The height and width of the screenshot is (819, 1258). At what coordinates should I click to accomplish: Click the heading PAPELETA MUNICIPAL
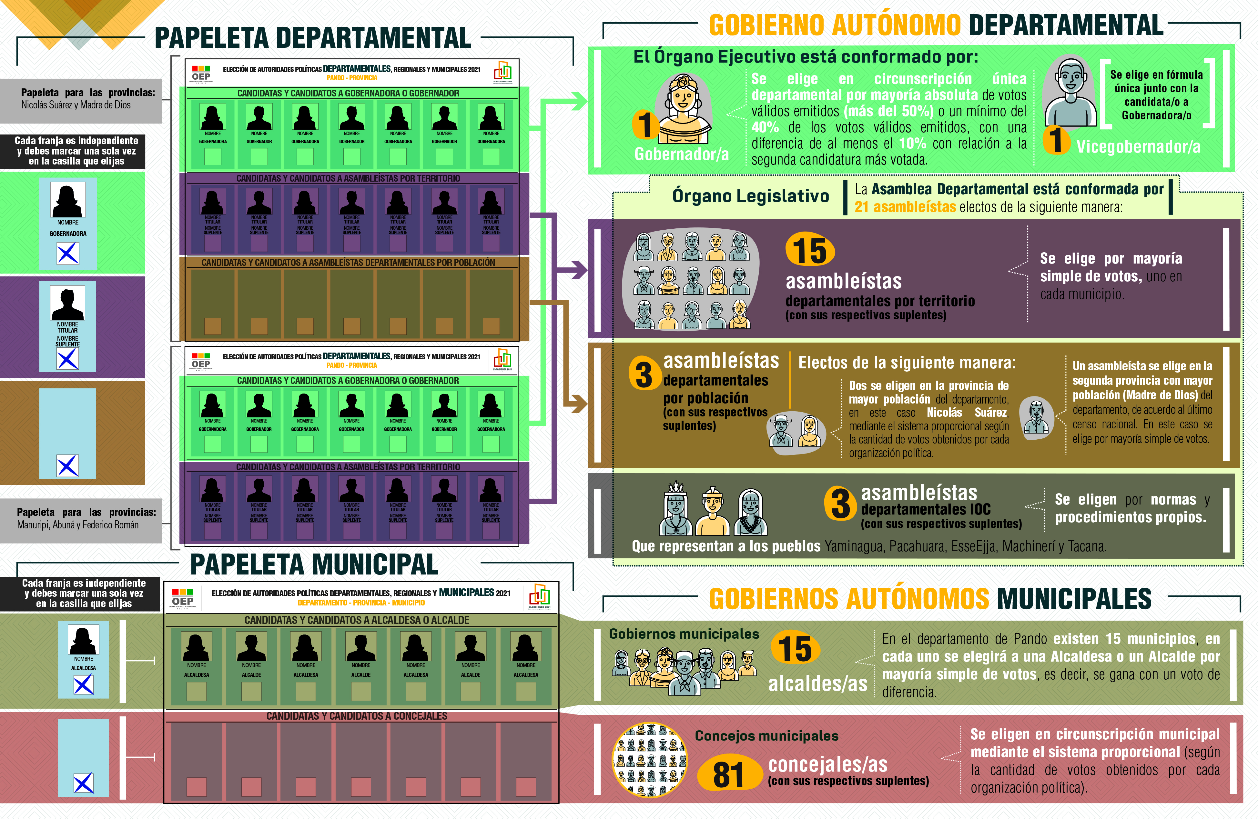tap(314, 564)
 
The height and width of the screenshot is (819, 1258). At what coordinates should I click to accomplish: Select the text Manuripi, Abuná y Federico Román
tap(78, 525)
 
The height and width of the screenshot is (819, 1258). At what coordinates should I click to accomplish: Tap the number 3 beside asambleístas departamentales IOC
tap(840, 504)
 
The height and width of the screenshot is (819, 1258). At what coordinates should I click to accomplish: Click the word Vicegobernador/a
tap(1138, 147)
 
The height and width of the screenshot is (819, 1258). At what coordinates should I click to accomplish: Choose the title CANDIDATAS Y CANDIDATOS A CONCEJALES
tap(357, 716)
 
